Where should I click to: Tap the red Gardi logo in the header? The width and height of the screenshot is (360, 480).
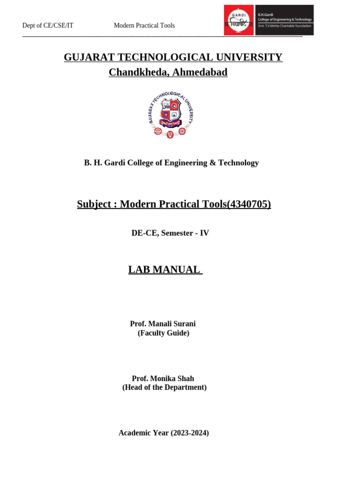pos(239,20)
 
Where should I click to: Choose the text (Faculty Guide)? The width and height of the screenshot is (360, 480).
pos(163,333)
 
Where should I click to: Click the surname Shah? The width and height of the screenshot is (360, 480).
pos(185,378)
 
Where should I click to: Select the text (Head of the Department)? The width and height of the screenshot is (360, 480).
pos(164,388)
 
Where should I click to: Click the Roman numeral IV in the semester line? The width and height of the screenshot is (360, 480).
pos(204,233)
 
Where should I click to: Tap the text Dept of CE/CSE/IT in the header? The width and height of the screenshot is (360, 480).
pos(48,25)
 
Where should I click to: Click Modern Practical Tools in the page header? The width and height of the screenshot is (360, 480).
pos(144,25)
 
